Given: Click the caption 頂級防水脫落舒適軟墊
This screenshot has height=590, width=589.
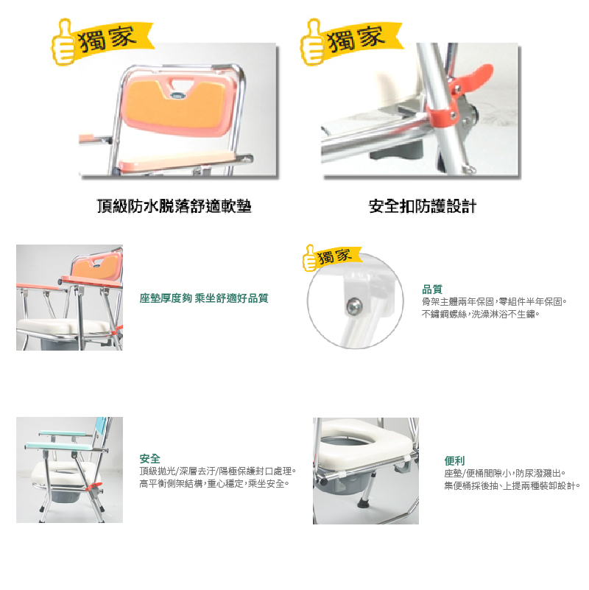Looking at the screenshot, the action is click(174, 206).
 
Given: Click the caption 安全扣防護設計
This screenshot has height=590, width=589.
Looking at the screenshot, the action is click(423, 206).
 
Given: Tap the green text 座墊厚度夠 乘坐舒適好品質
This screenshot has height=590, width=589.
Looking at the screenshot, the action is click(204, 298).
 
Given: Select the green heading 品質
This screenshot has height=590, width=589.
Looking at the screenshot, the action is click(432, 289).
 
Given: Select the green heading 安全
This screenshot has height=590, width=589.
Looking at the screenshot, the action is click(149, 459).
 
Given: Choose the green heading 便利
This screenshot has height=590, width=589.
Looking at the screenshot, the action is click(454, 460).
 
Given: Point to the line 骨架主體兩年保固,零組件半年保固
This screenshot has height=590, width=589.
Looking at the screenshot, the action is click(494, 302).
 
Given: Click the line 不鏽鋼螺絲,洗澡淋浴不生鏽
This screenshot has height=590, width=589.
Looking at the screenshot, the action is click(481, 315).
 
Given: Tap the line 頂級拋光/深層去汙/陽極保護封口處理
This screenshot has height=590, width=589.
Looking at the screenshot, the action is click(218, 471).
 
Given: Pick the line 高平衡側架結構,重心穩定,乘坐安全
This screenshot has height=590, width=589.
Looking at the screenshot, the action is click(214, 483).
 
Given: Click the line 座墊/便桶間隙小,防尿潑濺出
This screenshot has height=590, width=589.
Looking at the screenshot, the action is click(505, 474).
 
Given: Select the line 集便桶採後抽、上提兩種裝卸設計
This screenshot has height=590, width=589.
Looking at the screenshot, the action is click(512, 485).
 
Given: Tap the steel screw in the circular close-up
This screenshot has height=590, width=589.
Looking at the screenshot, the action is click(354, 305).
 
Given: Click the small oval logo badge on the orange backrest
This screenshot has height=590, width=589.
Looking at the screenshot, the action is click(178, 95).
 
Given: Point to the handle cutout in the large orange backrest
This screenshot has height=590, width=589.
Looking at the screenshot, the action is click(178, 82).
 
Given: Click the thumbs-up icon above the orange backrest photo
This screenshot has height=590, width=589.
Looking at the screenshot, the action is click(63, 42).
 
